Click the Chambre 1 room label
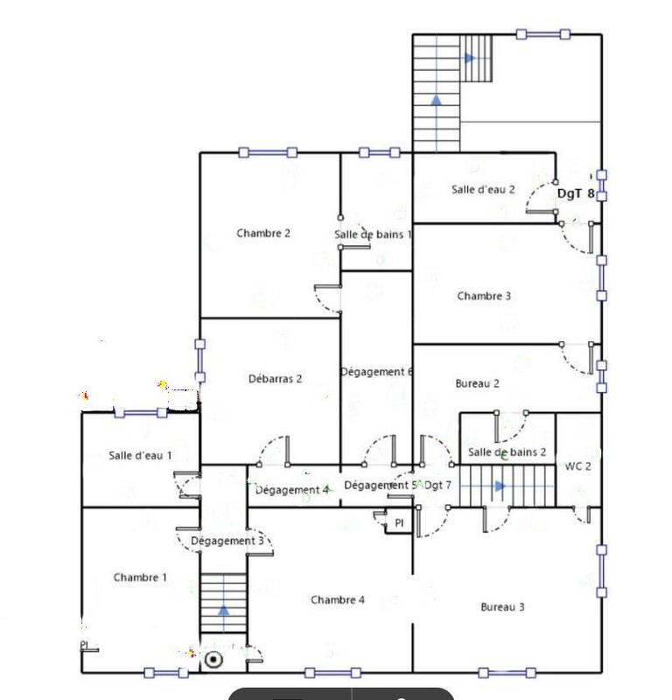pyautogui.click(x=140, y=577)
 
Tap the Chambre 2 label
pyautogui.click(x=263, y=234)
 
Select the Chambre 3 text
pyautogui.click(x=484, y=297)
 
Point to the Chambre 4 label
pyautogui.click(x=338, y=600)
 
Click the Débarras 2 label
pyautogui.click(x=276, y=379)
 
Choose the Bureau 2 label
pyautogui.click(x=478, y=383)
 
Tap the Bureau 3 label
pyautogui.click(x=502, y=607)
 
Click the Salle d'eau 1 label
pyautogui.click(x=140, y=455)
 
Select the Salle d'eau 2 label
pyautogui.click(x=483, y=189)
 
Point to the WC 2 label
pyautogui.click(x=578, y=466)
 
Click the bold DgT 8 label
pyautogui.click(x=577, y=194)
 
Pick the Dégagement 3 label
pyautogui.click(x=227, y=542)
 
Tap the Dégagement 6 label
pyautogui.click(x=376, y=372)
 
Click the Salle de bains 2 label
pyautogui.click(x=507, y=452)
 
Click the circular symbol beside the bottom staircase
pyautogui.click(x=213, y=660)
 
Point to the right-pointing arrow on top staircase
pyautogui.click(x=470, y=59)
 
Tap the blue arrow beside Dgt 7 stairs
pyautogui.click(x=500, y=486)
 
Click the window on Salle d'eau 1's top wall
pyautogui.click(x=140, y=412)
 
